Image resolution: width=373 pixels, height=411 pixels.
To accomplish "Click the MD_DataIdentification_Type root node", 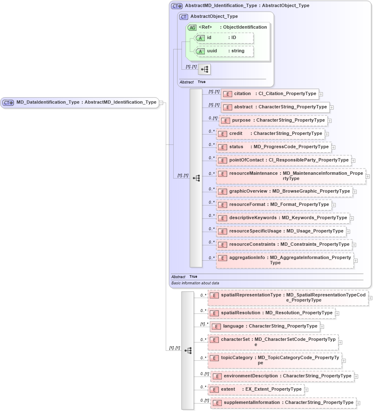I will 80,103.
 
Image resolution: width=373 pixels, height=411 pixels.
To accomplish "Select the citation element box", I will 270,94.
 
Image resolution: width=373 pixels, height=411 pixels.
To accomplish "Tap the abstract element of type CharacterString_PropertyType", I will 275,107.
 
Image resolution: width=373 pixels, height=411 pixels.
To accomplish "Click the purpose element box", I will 273,120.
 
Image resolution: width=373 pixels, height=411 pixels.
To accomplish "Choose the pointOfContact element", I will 284,160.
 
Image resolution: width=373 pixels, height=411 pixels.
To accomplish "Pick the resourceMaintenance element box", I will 290,176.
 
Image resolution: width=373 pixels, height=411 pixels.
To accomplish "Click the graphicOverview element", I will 285,191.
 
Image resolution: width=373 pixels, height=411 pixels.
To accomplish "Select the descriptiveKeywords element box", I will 283,218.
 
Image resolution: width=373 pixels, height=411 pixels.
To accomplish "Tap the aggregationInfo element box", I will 285,260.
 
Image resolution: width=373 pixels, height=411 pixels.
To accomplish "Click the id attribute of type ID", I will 224,38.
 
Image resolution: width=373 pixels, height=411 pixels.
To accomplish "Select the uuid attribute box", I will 224,51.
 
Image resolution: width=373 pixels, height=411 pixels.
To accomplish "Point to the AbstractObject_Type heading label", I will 214,17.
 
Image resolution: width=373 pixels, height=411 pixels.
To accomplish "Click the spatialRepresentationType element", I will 288,298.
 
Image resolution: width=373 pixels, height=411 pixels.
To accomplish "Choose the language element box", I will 265,326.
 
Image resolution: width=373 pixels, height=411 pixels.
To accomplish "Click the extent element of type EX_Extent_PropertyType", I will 256,389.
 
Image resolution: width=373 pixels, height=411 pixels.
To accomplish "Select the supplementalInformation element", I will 283,403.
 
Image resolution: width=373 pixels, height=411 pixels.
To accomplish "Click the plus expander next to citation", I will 321,94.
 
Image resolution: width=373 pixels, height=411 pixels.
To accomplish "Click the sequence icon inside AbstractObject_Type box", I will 204,69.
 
